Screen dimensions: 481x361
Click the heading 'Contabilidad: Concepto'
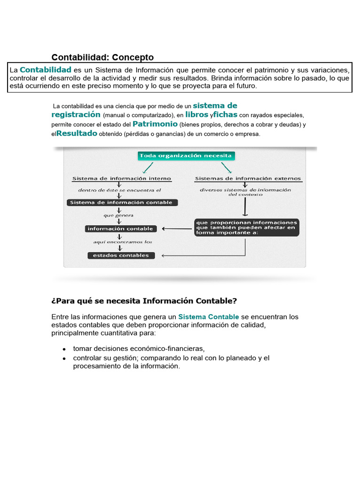pos(102,57)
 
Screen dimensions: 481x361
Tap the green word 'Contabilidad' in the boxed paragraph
pos(46,70)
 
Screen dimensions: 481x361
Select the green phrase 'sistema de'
pos(215,105)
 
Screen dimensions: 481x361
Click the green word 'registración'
pos(76,114)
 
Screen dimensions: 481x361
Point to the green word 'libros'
pos(196,114)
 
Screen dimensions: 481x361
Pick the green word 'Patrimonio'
pos(155,124)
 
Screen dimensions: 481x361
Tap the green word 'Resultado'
pos(77,133)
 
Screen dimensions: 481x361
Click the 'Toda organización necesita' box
pos(186,155)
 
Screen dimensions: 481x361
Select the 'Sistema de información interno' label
pos(121,178)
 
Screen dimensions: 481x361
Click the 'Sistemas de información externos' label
pos(248,178)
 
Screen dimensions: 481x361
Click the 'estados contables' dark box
pos(121,256)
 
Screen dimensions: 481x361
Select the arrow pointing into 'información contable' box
pos(177,229)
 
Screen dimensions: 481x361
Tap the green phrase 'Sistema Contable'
pos(208,317)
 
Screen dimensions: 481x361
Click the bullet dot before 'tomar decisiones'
pos(63,349)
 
